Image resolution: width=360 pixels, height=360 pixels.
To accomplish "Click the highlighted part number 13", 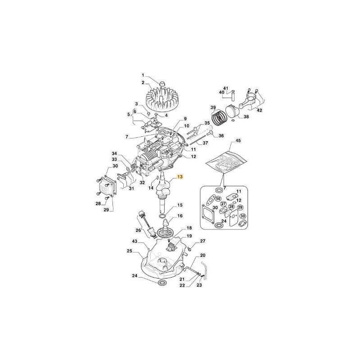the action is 180,176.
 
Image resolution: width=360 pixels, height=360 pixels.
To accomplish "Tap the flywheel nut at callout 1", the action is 162,84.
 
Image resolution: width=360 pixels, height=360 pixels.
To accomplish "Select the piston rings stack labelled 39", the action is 219,117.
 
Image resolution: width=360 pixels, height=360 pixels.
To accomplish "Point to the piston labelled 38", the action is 232,112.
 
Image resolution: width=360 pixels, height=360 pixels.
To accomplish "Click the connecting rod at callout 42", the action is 248,100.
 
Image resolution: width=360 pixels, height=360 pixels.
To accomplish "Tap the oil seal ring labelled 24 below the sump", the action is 162,282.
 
